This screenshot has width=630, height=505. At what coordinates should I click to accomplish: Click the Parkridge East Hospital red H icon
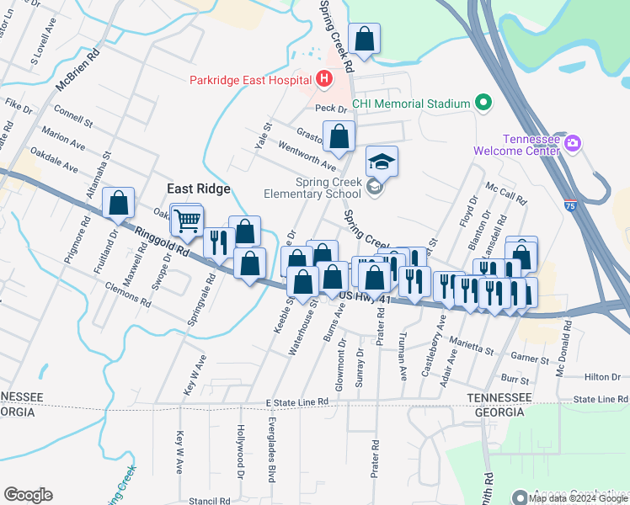(324, 80)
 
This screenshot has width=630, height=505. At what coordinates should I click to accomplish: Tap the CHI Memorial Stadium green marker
(483, 104)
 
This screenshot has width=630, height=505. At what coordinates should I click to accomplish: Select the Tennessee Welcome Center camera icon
(573, 144)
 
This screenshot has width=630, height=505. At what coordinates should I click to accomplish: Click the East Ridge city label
(199, 189)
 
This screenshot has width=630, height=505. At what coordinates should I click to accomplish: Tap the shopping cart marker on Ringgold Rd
(188, 221)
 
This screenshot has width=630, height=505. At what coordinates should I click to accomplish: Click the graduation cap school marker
(382, 161)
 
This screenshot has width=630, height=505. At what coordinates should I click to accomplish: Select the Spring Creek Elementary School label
(329, 188)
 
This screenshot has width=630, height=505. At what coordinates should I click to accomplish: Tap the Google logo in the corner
(28, 495)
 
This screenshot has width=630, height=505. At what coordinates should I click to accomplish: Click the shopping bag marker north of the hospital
(364, 39)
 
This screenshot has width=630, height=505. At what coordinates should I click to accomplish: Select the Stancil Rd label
(210, 501)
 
